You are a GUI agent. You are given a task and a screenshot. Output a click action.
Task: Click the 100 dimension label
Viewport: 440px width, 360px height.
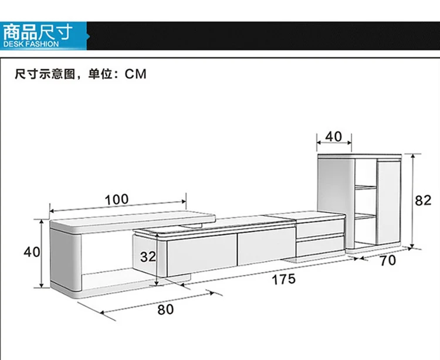tap(116, 199)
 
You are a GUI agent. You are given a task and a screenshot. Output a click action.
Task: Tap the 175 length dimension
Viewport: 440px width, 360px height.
tap(283, 279)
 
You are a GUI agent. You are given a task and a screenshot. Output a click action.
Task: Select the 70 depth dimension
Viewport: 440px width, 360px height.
tap(388, 260)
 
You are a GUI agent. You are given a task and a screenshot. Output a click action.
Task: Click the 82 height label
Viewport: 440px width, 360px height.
tap(423, 200)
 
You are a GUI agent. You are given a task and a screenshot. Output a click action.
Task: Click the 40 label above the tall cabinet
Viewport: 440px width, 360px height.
tap(333, 136)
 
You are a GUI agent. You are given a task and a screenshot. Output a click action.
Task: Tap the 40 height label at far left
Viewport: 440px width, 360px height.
tap(32, 252)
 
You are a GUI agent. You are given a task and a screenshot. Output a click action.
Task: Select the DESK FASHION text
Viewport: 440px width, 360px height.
tap(31, 44)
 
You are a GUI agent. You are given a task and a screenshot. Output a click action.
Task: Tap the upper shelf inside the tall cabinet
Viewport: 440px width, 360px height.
tap(365, 188)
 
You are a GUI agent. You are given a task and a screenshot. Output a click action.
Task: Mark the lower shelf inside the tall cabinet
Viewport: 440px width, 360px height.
tap(365, 216)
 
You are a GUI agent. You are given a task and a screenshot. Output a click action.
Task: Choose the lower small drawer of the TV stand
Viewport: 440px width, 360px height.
tap(320, 246)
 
